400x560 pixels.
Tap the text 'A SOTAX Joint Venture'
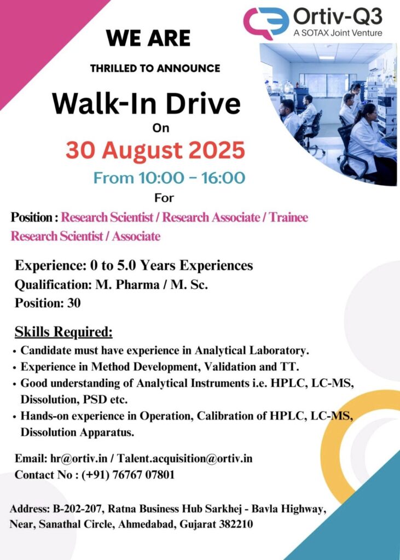(338, 33)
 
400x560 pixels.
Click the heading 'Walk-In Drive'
(146, 103)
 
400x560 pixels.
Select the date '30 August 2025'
(155, 150)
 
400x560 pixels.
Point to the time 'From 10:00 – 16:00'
(169, 178)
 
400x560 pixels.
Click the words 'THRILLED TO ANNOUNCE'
(155, 68)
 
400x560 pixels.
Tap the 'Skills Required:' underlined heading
(63, 332)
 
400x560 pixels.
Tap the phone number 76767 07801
(143, 475)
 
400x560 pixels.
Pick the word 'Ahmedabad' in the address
(146, 524)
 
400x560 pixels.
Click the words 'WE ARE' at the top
(148, 38)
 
